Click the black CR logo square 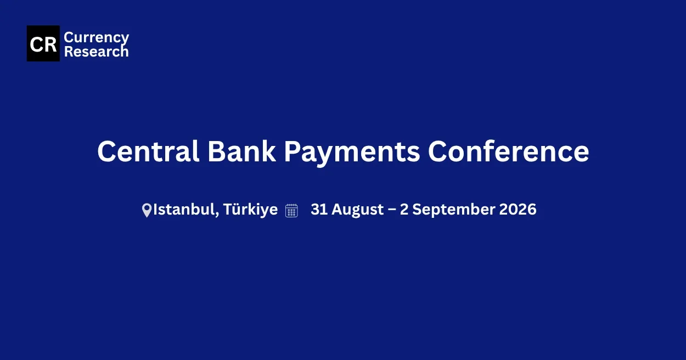(43, 43)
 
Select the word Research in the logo (97, 52)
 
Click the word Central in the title (148, 151)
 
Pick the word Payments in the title (352, 153)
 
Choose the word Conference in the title (508, 151)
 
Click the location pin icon (147, 210)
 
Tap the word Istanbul (184, 210)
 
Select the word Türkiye (250, 210)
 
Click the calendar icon (291, 211)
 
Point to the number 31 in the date (319, 210)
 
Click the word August (358, 210)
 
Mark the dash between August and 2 (392, 210)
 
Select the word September (453, 210)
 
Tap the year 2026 (518, 210)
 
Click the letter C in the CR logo (36, 44)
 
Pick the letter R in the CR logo (50, 44)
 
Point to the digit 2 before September (404, 210)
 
